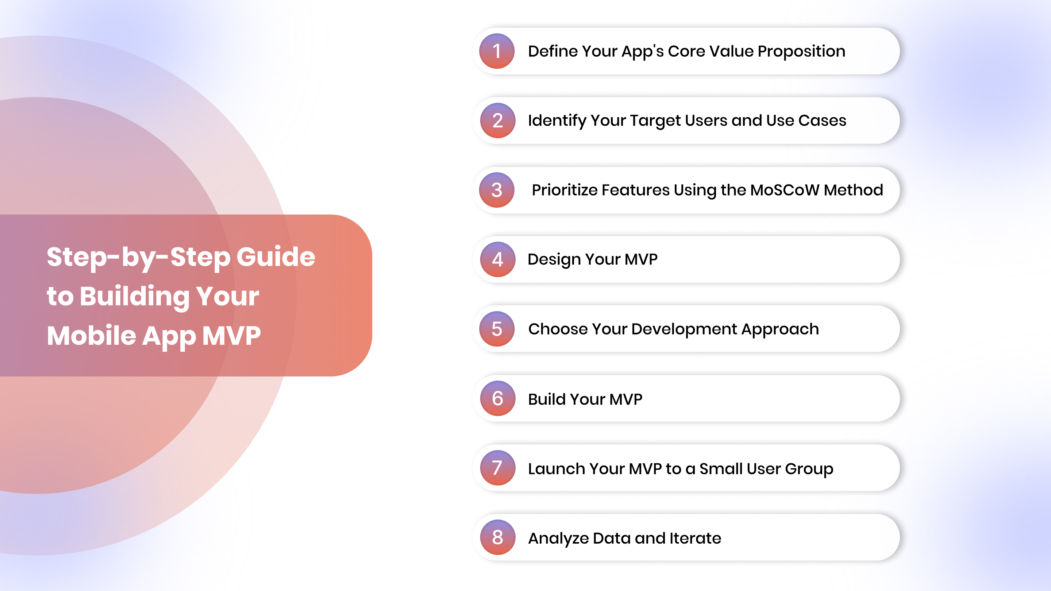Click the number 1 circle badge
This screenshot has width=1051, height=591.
(497, 51)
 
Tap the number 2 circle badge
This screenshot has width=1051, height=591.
(497, 120)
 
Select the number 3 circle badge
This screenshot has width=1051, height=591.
(497, 190)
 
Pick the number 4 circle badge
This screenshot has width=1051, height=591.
(497, 259)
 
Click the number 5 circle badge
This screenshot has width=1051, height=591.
(497, 329)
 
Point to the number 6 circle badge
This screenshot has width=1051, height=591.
(497, 398)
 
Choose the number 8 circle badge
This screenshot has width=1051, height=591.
(497, 537)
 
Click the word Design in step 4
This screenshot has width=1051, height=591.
(554, 260)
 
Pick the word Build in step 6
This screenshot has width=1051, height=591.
(547, 399)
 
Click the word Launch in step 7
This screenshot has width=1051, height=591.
(556, 469)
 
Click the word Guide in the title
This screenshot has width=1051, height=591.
(276, 257)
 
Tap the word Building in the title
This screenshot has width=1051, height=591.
(135, 297)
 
